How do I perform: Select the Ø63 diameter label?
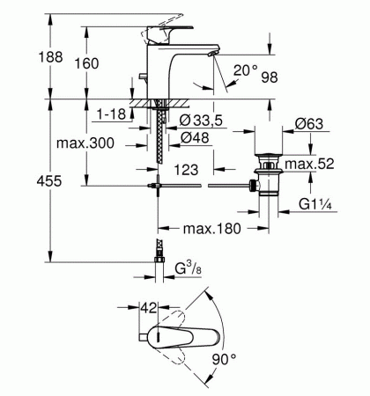[308, 124]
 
